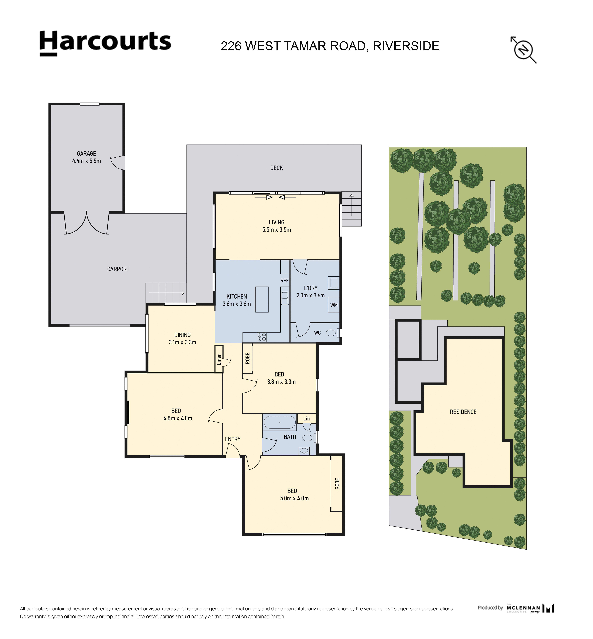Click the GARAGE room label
[x=86, y=153]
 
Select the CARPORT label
[x=118, y=269]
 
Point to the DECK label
[x=276, y=168]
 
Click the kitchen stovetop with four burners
[x=261, y=337]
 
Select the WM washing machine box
[x=334, y=305]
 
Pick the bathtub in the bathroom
[x=280, y=422]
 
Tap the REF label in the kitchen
[x=284, y=281]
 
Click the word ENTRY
[x=233, y=439]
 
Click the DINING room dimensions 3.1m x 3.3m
[x=182, y=342]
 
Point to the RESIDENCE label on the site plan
[x=463, y=412]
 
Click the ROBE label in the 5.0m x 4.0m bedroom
[x=337, y=484]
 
